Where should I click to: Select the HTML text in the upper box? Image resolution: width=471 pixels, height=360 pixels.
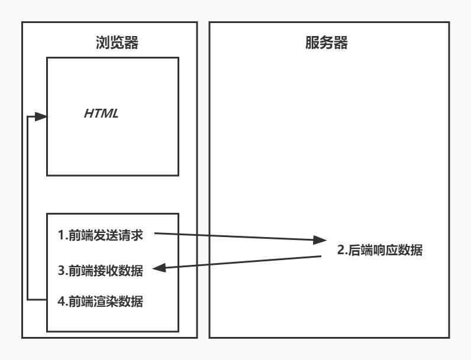coord(102,113)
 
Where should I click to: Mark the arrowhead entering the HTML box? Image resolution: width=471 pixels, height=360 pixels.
coord(41,117)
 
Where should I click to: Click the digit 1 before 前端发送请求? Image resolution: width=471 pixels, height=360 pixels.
coord(60,235)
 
